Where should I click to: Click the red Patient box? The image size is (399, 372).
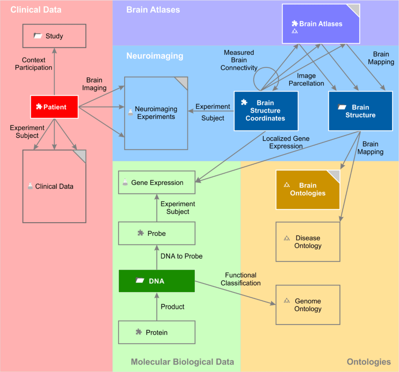pos(54,107)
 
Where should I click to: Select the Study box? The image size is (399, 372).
pos(54,36)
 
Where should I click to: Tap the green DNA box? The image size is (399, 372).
pos(156,281)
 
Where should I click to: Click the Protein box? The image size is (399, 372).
pos(156,332)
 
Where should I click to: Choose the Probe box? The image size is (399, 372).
pos(156,233)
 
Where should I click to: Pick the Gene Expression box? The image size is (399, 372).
pos(156,182)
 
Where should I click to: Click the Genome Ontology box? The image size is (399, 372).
pos(307,305)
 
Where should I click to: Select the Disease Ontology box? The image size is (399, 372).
pos(307,242)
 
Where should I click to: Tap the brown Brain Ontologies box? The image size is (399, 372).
pos(307,190)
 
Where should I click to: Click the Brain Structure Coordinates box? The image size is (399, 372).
pos(266,111)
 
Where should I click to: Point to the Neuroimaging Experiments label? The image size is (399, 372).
pos(156,113)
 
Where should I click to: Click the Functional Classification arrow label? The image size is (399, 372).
pos(240,279)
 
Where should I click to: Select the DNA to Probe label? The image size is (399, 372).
pos(181,256)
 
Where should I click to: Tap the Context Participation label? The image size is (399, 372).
pos(34,64)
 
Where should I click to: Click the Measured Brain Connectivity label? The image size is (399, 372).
pos(239,60)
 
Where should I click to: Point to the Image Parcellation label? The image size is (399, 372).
pos(306,79)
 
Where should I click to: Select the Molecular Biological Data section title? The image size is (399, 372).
pos(182,362)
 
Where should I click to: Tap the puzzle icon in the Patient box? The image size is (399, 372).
pos(39,107)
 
